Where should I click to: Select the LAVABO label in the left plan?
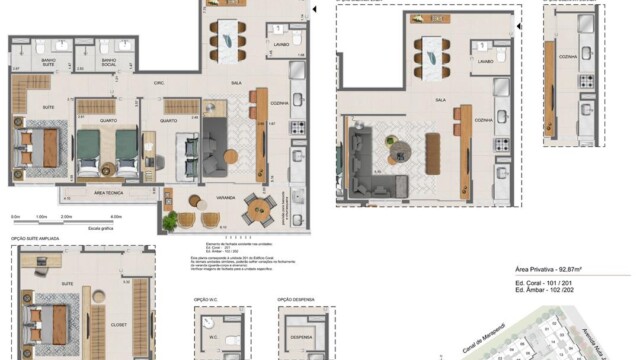coord(280,42)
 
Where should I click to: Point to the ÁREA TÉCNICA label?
coord(107,191)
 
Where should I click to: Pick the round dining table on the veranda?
coord(263,207)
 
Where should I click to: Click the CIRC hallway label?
coord(159,82)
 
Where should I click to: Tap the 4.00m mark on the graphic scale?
coord(116,216)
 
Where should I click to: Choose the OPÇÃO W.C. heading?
coord(207,299)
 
